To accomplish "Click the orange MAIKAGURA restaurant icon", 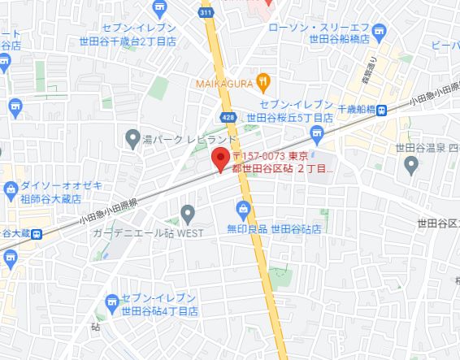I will pos(263,80).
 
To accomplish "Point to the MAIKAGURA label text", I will pos(223,81).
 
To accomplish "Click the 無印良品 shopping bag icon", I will pos(243,210).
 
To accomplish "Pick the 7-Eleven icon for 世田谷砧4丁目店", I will pos(111,305).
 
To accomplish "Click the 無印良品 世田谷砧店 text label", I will pos(274,229).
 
